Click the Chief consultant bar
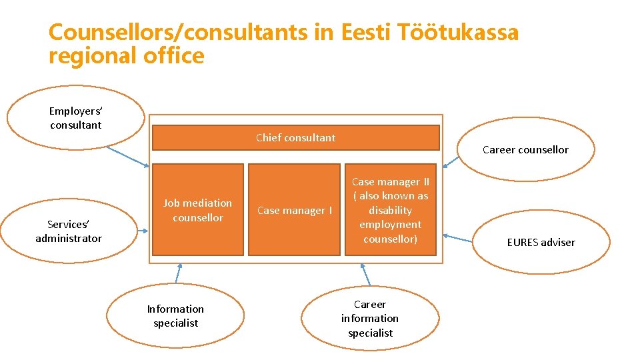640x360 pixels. (x=296, y=138)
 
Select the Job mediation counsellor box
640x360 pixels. (x=198, y=210)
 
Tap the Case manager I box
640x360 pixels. (x=294, y=211)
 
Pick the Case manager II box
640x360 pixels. (x=391, y=210)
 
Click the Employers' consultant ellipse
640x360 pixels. (x=75, y=118)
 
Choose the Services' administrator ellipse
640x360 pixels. (x=69, y=231)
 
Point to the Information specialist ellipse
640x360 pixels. (x=175, y=316)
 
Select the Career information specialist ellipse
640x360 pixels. (x=370, y=319)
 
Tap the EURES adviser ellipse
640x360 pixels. (x=541, y=242)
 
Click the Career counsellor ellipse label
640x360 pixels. (x=525, y=150)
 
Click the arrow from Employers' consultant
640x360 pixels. (x=128, y=156)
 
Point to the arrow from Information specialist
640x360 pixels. (x=178, y=273)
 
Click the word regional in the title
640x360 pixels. (x=92, y=56)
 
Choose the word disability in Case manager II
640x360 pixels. (x=391, y=210)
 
